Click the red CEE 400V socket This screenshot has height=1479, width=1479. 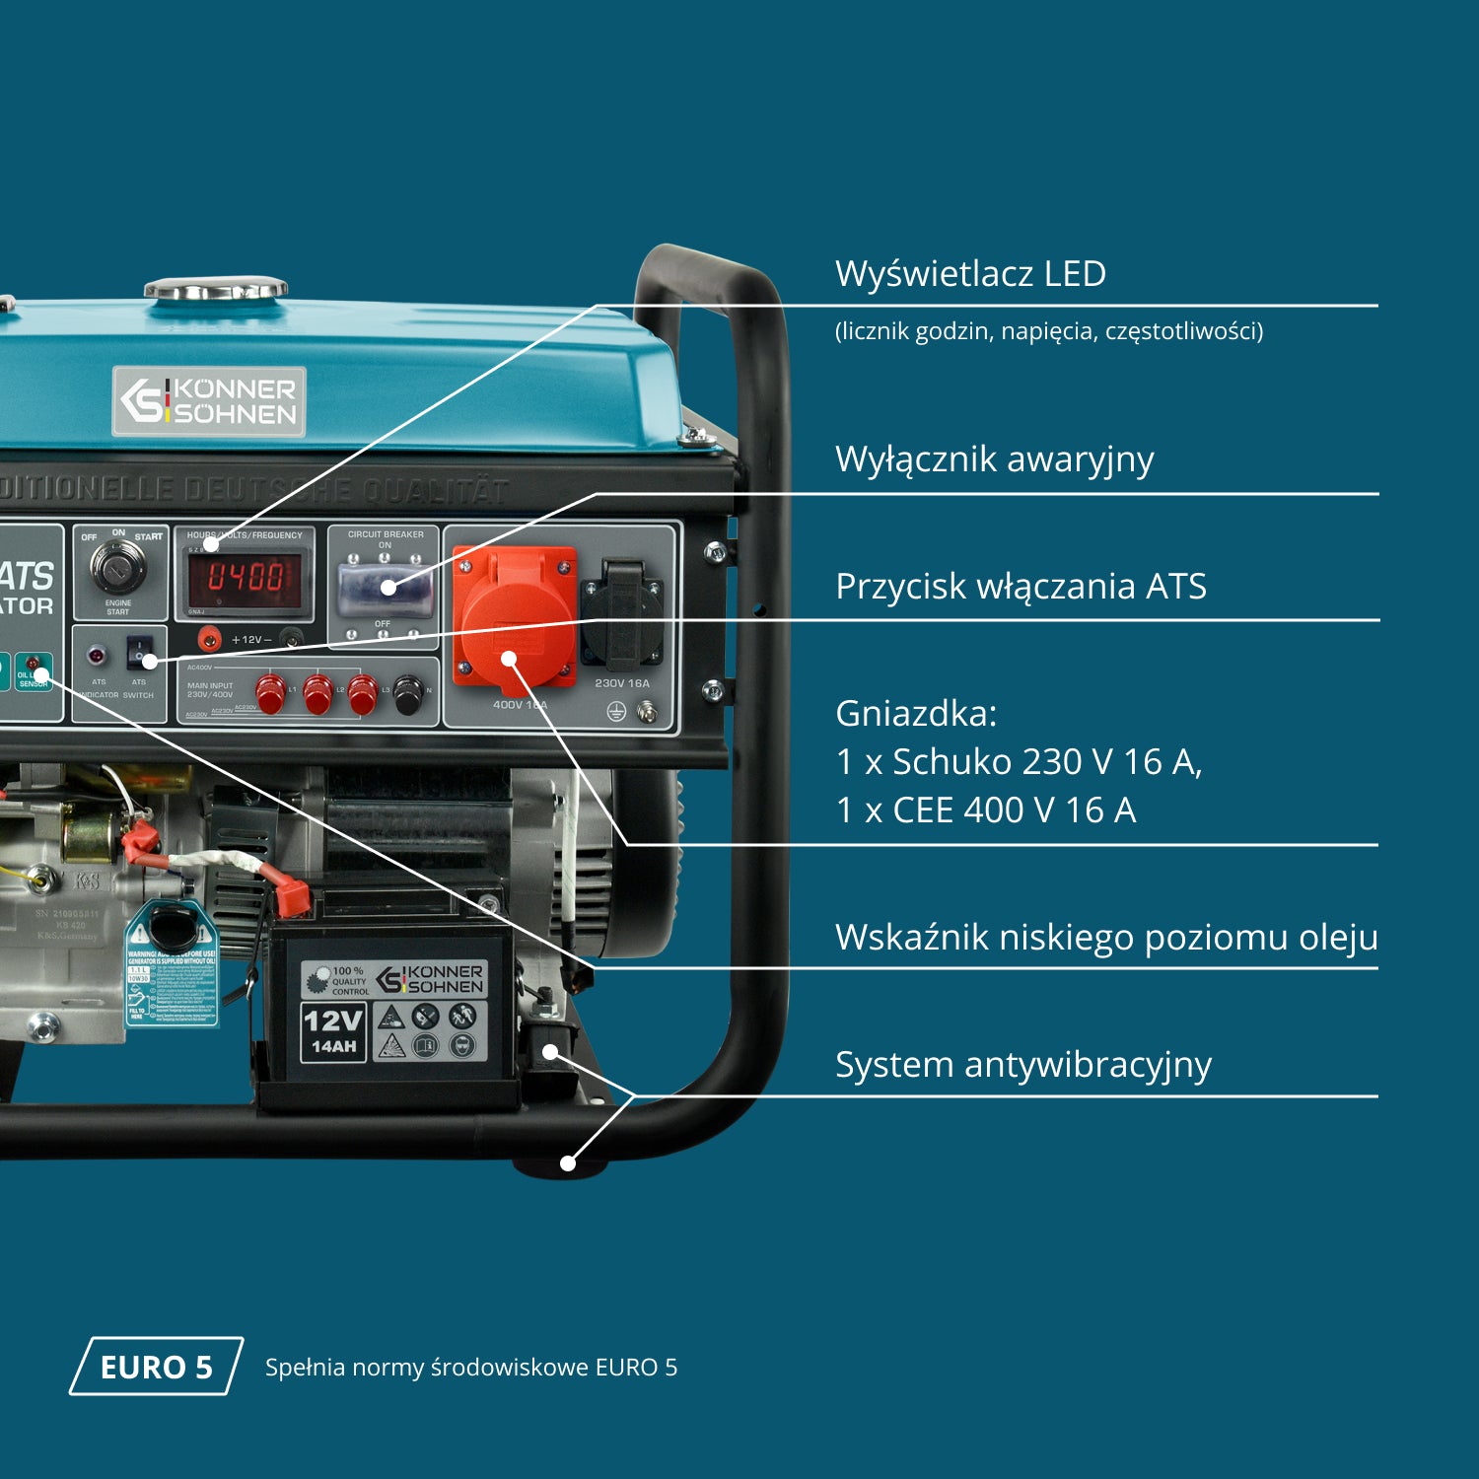[513, 616]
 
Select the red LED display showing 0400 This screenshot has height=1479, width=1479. [246, 577]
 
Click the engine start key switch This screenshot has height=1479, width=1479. [118, 566]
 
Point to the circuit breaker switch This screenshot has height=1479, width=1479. [386, 589]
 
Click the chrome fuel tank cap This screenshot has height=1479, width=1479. [216, 289]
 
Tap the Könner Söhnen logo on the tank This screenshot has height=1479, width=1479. [209, 401]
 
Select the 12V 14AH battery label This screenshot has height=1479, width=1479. [333, 1031]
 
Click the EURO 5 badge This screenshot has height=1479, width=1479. [156, 1367]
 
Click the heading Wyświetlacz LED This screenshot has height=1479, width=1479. [970, 274]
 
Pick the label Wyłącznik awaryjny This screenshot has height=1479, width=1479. [994, 459]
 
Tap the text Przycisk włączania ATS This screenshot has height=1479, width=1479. [1021, 587]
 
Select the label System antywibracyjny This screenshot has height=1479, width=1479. [1022, 1065]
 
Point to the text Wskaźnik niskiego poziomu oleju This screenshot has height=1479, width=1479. [1105, 938]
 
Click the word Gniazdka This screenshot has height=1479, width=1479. [916, 714]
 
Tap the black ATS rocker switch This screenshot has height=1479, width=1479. [140, 653]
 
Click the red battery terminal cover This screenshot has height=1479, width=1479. [292, 897]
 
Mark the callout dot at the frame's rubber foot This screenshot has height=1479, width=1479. [568, 1163]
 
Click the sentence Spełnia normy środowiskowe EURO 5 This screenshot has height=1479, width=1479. [470, 1368]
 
